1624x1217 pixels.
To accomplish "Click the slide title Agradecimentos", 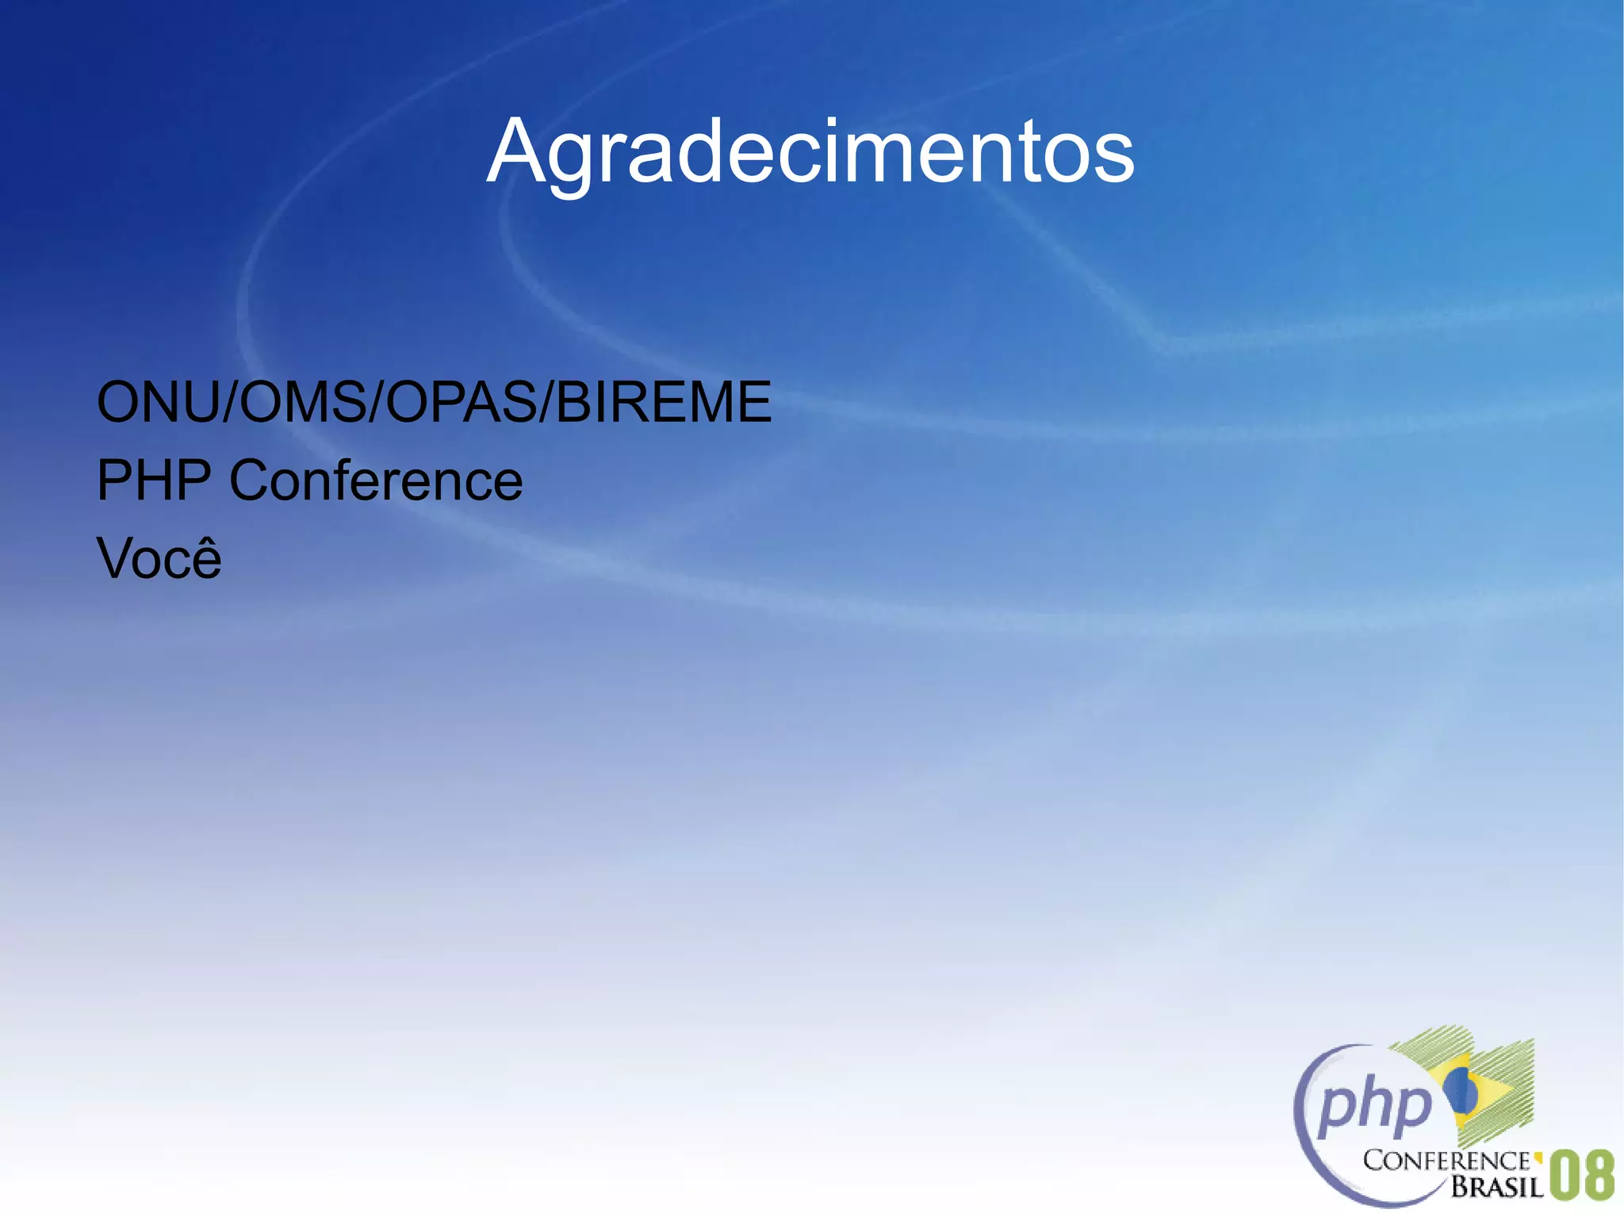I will (810, 151).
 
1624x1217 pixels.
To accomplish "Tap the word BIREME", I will (663, 402).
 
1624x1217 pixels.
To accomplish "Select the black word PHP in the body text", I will (154, 480).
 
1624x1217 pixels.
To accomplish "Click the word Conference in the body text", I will (376, 480).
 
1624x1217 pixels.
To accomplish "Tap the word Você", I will (159, 558).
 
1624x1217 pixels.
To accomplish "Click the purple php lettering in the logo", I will (1374, 1105).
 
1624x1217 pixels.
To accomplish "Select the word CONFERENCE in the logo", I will (1446, 1161).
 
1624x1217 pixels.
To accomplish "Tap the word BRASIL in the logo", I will (1496, 1186).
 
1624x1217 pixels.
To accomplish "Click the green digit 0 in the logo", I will (1564, 1175).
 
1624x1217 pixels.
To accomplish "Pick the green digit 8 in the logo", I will (1599, 1175).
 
